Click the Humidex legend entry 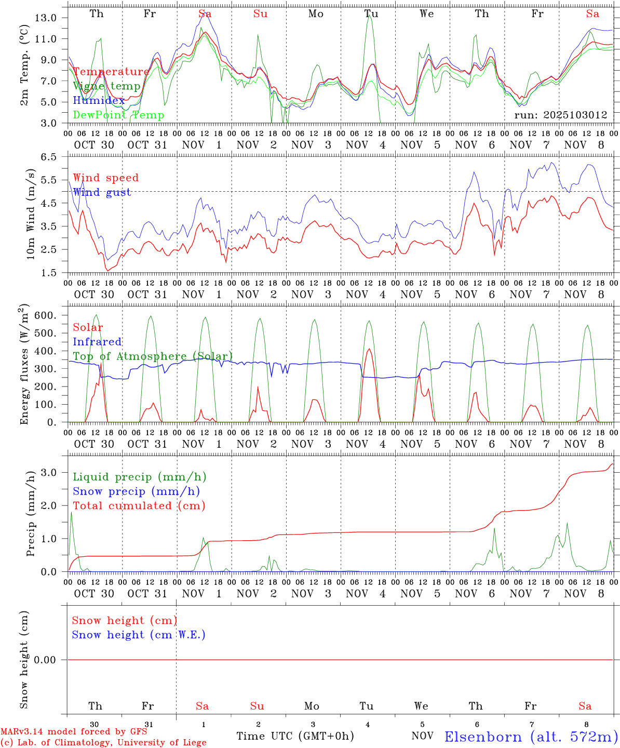coord(99,100)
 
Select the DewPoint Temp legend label coord(118,115)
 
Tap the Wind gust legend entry coord(102,192)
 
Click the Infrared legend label coord(97,342)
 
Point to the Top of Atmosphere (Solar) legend coord(153,356)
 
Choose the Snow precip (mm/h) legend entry coord(136,491)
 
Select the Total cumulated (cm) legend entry coord(139,505)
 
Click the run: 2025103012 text coord(560,115)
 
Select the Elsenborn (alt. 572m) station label coord(531,736)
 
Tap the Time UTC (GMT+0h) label coord(295,736)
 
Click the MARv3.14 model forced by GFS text coord(73,731)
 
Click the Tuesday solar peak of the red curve coord(369,349)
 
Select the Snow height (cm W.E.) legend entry coord(139,635)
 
